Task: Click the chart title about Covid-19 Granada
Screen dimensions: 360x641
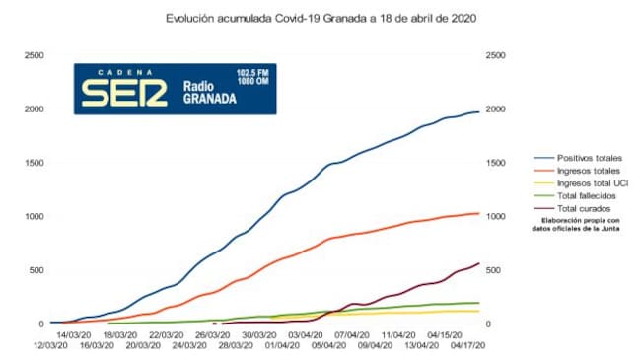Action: pos(321,18)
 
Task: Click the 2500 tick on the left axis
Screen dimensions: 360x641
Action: pos(34,55)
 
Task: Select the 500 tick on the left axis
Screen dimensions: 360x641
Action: pos(36,269)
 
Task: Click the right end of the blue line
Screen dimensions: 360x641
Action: pos(479,111)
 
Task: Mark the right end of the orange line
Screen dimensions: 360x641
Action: pos(479,213)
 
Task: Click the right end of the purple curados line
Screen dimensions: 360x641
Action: pos(479,263)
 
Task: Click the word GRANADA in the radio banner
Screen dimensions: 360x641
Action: pos(209,101)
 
